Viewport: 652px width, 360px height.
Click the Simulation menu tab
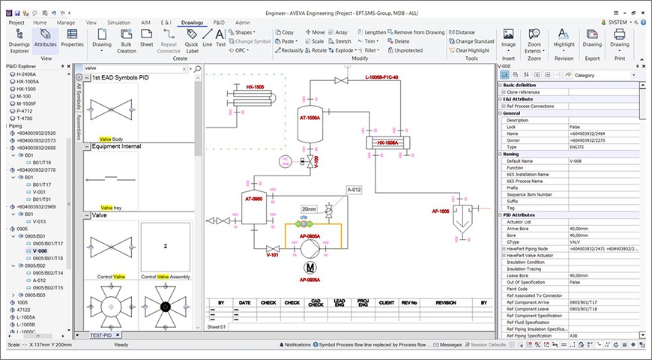pyautogui.click(x=118, y=22)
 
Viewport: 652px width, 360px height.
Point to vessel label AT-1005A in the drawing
pyautogui.click(x=310, y=118)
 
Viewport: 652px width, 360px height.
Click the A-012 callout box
pyautogui.click(x=354, y=190)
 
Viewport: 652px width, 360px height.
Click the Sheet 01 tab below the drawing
pyautogui.click(x=217, y=327)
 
